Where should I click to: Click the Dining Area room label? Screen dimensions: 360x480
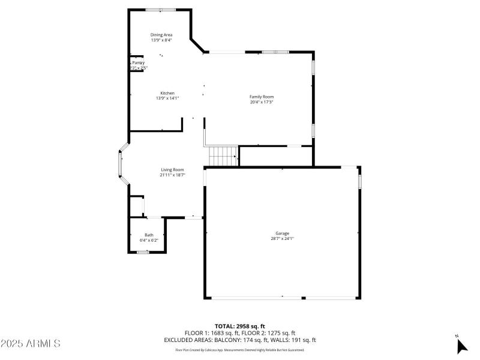(161, 35)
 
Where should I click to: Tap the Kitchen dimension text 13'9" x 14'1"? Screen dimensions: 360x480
(167, 98)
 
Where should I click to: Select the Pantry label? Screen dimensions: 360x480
(138, 62)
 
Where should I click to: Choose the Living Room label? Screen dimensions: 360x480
(172, 170)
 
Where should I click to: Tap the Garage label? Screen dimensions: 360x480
(282, 233)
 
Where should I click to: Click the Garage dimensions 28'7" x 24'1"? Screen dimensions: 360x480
(282, 238)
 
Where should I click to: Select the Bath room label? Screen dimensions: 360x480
(149, 235)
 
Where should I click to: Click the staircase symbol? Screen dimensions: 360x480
(223, 156)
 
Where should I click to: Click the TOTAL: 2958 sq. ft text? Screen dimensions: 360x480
(239, 326)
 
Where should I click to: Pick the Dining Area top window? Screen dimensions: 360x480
(161, 10)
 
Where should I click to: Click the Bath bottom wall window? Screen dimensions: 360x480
(143, 253)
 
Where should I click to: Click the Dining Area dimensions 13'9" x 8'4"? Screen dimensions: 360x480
(161, 40)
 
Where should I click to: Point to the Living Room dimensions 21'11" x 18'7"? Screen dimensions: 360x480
(172, 175)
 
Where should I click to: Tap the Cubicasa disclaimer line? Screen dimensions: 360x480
(239, 350)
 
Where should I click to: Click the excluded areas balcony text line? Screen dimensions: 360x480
(239, 340)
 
